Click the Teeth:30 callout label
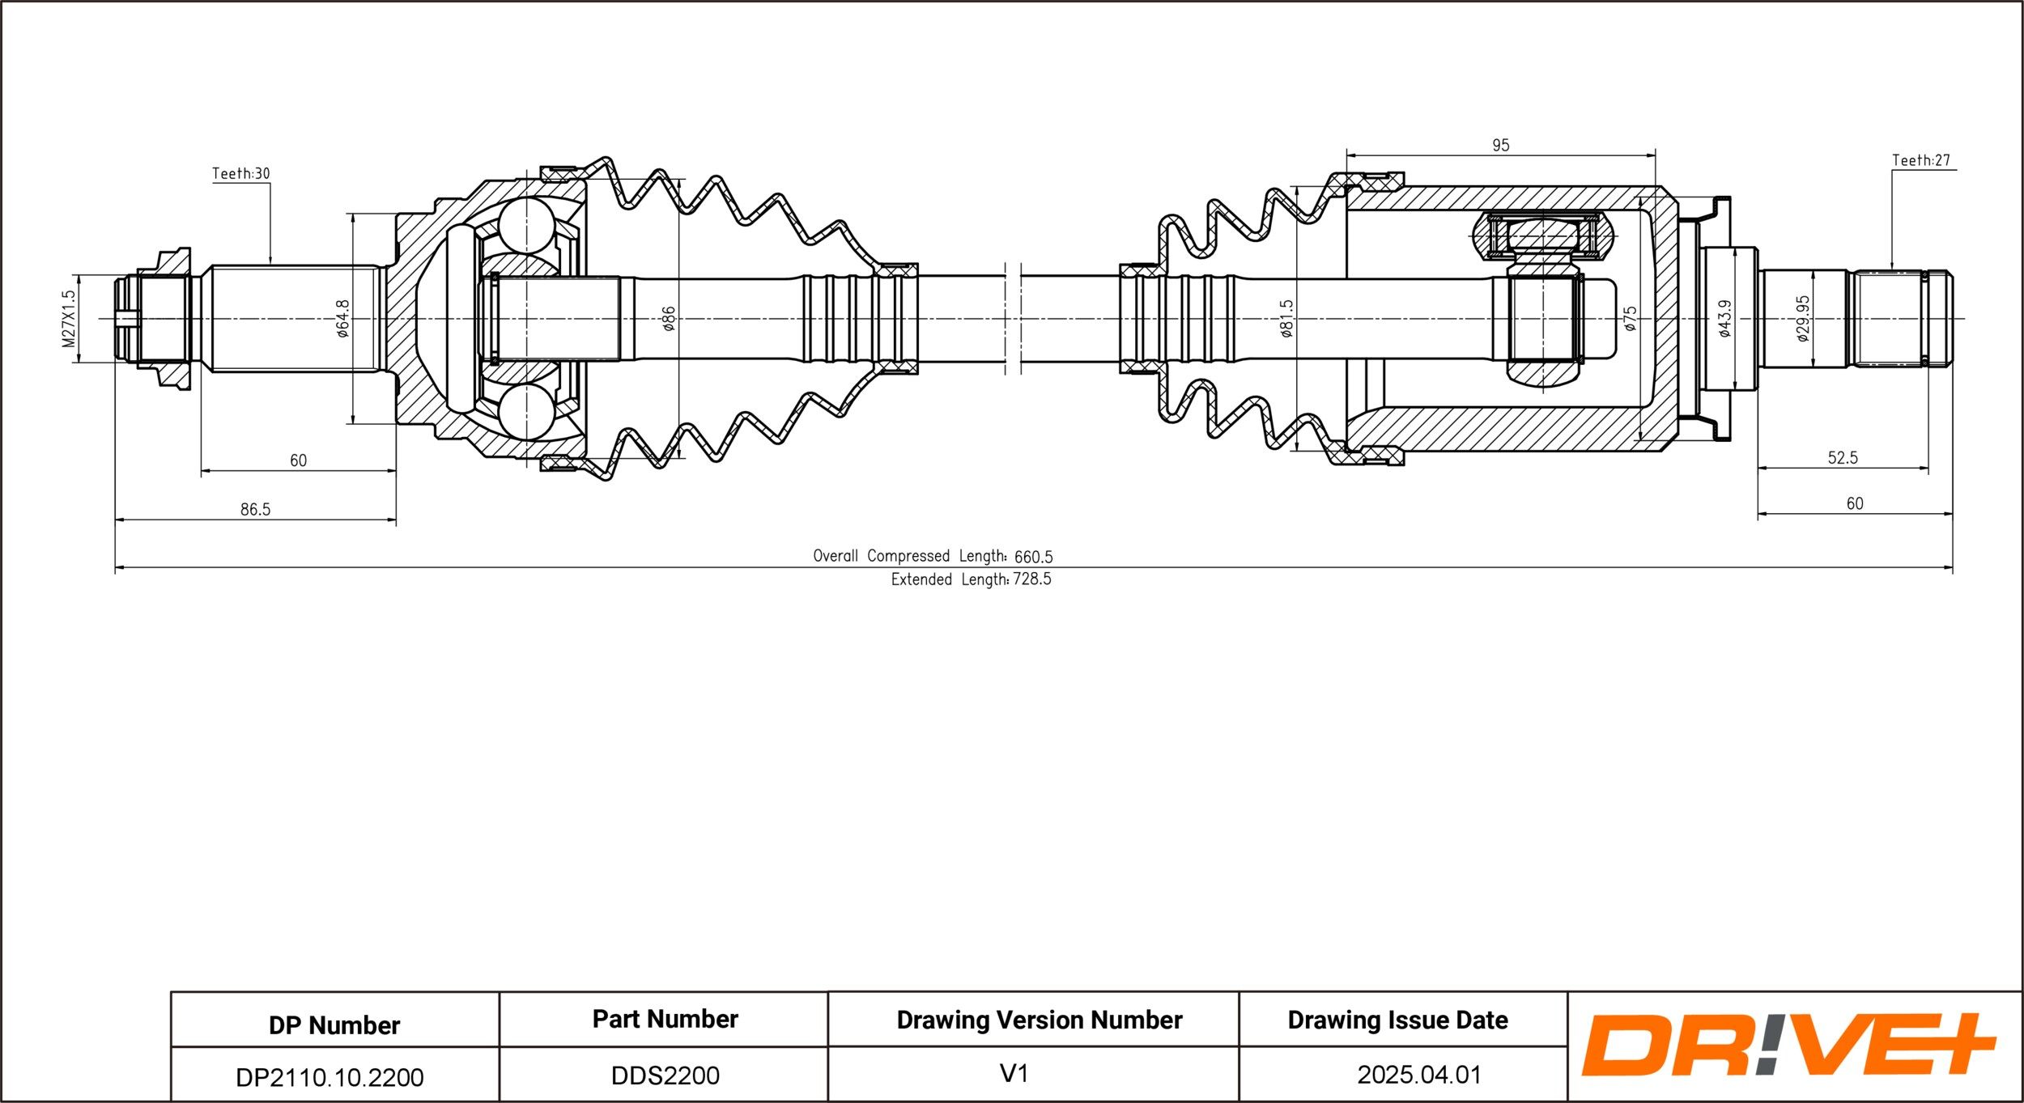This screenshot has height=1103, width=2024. tap(241, 173)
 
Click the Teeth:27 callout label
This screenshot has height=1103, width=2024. tap(1921, 160)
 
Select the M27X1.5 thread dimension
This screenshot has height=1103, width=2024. tap(69, 319)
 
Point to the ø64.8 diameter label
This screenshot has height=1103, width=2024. tap(342, 318)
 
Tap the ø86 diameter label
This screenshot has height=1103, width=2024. tap(669, 319)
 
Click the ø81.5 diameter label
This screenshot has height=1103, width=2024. tap(1286, 318)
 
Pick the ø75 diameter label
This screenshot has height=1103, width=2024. tap(1630, 318)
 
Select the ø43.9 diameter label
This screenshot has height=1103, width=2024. tap(1724, 318)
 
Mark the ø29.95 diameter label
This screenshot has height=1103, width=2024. tap(1802, 318)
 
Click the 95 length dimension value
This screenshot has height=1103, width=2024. tap(1500, 145)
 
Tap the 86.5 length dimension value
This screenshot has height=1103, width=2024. tap(255, 509)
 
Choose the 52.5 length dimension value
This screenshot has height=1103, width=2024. tap(1843, 457)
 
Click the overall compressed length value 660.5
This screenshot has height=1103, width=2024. tap(1033, 557)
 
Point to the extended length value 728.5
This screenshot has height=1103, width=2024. tap(1031, 579)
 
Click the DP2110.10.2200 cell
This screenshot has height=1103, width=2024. tap(330, 1077)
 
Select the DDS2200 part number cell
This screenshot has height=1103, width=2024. tap(665, 1075)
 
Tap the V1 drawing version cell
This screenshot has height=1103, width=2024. tap(1014, 1074)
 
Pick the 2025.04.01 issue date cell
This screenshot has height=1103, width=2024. tap(1419, 1075)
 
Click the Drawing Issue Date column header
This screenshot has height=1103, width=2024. tap(1398, 1020)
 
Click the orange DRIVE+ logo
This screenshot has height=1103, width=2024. tap(1788, 1044)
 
